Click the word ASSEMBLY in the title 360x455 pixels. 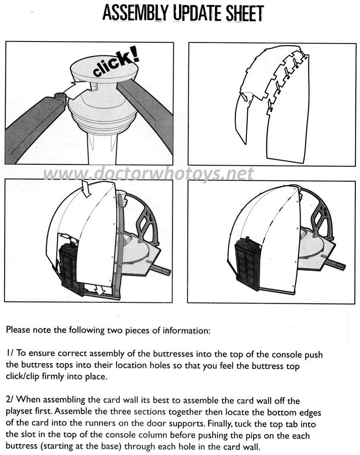coord(135,13)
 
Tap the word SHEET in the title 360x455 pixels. coord(245,13)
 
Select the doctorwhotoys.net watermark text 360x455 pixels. coord(149,173)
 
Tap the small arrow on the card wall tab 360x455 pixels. coord(246,97)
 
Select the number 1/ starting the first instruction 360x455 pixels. coord(10,353)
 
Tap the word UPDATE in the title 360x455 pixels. coord(197,13)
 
